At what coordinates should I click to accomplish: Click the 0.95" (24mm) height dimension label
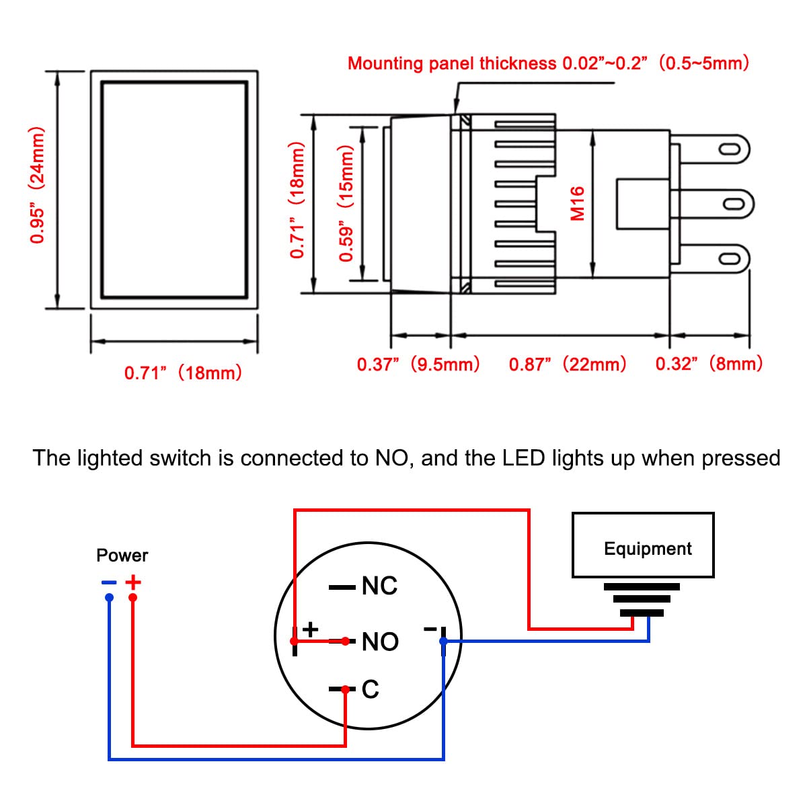tap(38, 185)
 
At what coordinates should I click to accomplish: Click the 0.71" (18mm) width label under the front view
tap(183, 373)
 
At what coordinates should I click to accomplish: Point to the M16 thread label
tap(578, 203)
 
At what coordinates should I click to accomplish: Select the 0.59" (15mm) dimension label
tap(346, 203)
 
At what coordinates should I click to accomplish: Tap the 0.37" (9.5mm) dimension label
tap(418, 364)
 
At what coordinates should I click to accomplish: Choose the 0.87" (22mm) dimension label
tap(568, 364)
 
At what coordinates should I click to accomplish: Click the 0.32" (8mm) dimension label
tap(709, 364)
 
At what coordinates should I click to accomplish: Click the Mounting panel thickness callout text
tap(548, 64)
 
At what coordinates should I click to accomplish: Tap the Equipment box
tap(642, 545)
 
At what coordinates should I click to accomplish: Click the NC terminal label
tap(379, 586)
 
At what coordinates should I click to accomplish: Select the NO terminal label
tap(380, 642)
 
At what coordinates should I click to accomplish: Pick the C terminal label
tap(371, 689)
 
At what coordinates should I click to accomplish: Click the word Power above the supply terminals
tap(122, 555)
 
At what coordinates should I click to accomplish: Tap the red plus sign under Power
tap(134, 582)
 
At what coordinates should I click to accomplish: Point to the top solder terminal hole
tap(728, 149)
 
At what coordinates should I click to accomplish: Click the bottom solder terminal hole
tap(728, 259)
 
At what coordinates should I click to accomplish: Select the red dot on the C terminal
tap(346, 689)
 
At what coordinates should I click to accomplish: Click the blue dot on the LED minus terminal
tap(443, 642)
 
